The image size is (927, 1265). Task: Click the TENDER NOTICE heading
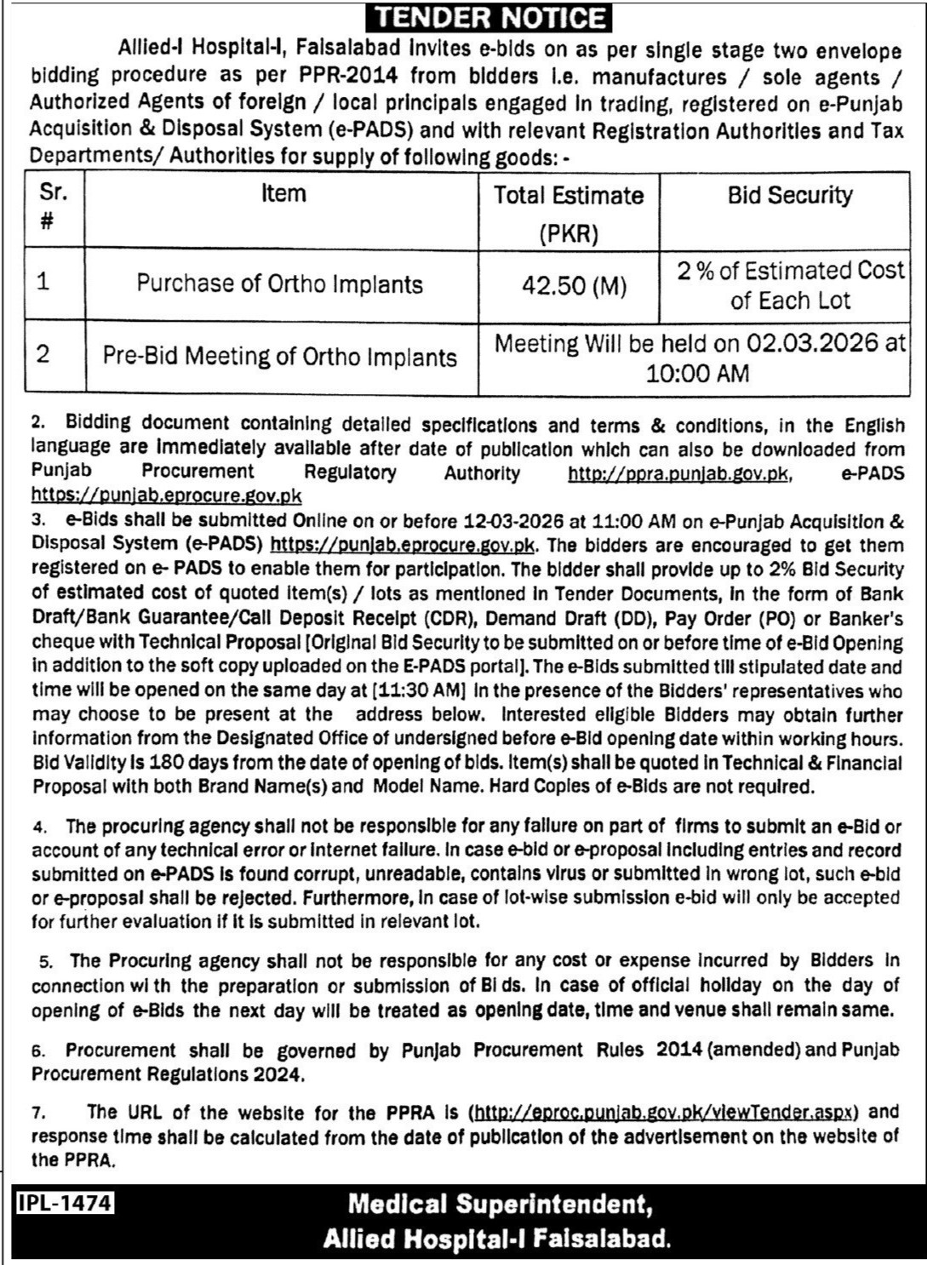[491, 18]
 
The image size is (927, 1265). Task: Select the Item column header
[283, 194]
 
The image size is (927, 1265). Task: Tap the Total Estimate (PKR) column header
[569, 213]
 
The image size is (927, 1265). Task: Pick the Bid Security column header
[789, 195]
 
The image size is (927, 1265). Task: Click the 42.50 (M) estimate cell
[574, 286]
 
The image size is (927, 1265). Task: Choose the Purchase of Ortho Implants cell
[280, 283]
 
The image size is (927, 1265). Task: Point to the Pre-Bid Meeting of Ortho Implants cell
[280, 356]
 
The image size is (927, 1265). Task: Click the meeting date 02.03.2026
[812, 343]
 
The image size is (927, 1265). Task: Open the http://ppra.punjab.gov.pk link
[679, 473]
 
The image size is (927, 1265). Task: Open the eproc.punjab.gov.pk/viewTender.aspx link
[665, 1112]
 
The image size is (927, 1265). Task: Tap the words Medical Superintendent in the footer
[500, 1204]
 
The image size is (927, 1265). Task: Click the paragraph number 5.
[46, 962]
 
